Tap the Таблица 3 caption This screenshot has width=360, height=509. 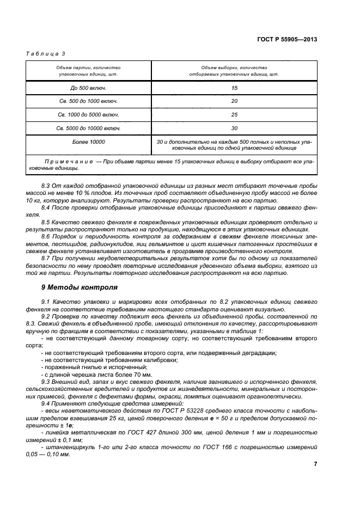46,53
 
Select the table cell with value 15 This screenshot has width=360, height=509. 235,88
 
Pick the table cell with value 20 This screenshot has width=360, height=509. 235,101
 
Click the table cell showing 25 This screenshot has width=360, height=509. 235,115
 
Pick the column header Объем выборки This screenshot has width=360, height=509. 234,70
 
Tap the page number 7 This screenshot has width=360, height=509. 315,464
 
